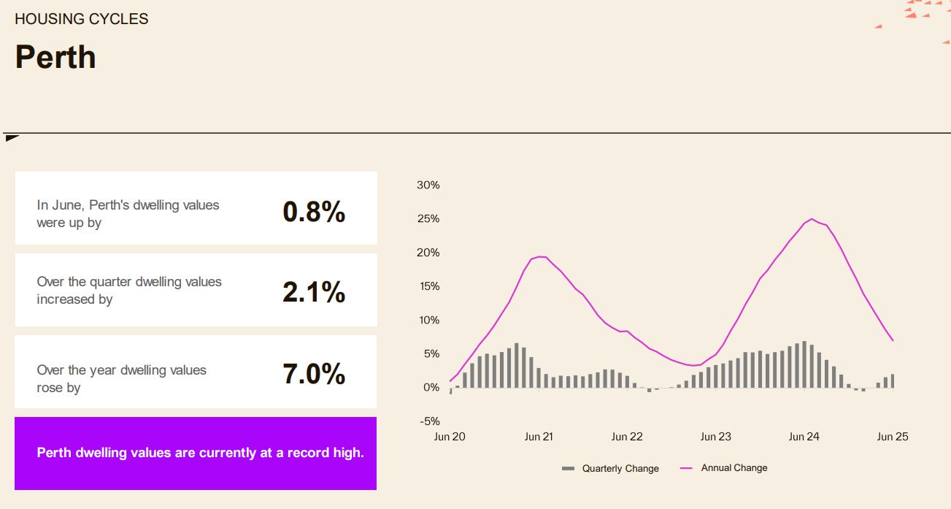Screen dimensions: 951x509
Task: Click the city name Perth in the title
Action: pos(55,58)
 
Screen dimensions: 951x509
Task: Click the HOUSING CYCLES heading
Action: pos(82,19)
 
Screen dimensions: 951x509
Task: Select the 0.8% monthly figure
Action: pos(314,212)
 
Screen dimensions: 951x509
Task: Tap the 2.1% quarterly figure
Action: pos(314,292)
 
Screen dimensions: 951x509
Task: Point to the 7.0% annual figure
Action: pos(314,374)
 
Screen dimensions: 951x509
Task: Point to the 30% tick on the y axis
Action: pos(428,185)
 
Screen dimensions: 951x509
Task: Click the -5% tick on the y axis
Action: pos(429,421)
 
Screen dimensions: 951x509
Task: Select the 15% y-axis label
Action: pos(429,286)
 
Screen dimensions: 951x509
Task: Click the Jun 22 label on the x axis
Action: pos(627,437)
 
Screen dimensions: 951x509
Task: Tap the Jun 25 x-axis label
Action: pos(893,437)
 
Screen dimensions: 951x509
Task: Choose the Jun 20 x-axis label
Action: pos(450,437)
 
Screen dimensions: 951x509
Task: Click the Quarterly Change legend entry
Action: pos(610,469)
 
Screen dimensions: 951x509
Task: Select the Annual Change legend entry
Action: pos(724,468)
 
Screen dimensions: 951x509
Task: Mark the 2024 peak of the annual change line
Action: pos(812,219)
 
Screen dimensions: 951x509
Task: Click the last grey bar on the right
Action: pos(893,380)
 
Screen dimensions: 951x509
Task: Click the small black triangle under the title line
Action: pos(11,138)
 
